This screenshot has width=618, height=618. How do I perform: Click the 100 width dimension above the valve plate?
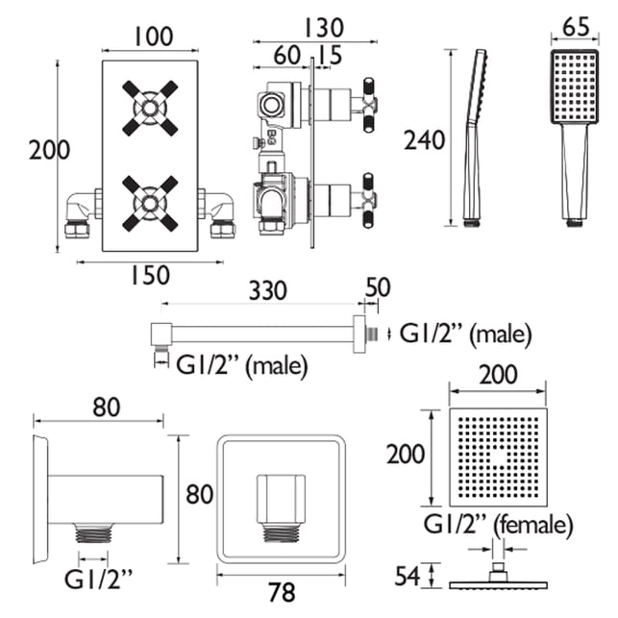(x=154, y=37)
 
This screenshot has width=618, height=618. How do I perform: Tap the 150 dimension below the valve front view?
(x=150, y=275)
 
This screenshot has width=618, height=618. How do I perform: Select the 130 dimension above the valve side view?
(x=324, y=28)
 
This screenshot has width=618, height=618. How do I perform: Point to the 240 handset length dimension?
(x=425, y=140)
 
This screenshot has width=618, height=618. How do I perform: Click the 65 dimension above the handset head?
(x=576, y=27)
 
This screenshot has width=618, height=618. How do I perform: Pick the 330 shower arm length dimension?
(x=267, y=290)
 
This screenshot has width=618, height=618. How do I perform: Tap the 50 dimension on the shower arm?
(x=378, y=287)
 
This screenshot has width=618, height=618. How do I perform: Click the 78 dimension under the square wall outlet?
(x=282, y=592)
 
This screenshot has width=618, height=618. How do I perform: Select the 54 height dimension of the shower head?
(x=408, y=576)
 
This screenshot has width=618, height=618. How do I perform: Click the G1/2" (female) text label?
(x=498, y=525)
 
